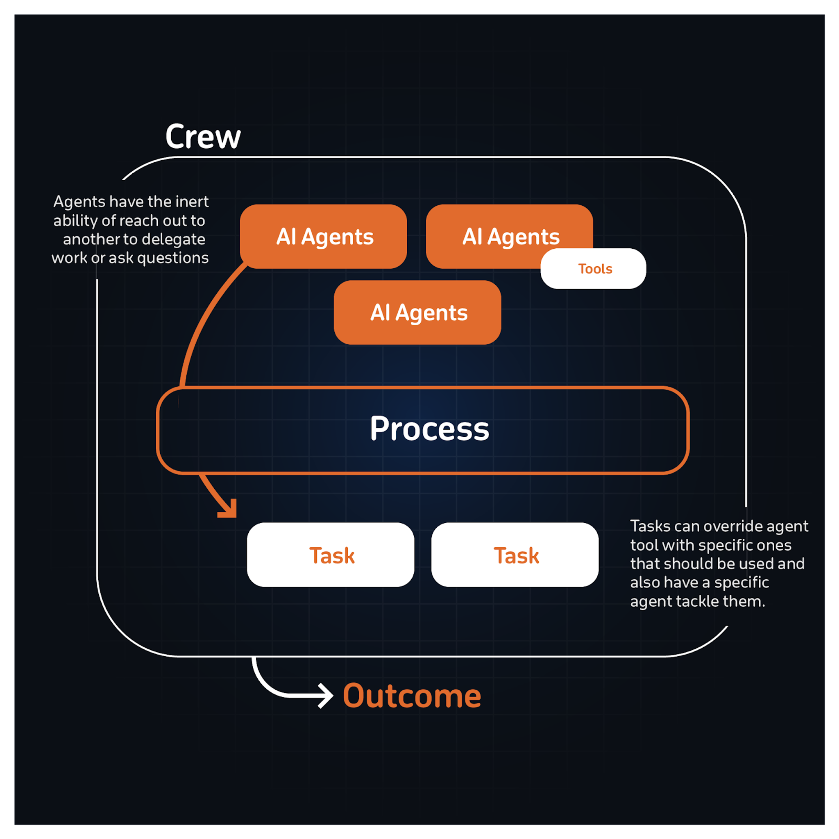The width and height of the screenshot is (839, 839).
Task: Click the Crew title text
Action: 203,137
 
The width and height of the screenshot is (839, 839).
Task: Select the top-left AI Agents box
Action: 323,237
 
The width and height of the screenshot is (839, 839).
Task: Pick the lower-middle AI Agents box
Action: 417,313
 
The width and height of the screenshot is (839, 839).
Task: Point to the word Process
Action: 429,429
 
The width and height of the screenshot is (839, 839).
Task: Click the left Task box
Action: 331,555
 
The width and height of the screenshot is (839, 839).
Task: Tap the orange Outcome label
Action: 412,696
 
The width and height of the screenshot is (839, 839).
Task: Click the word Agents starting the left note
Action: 79,202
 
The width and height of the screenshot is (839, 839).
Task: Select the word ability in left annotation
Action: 75,221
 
